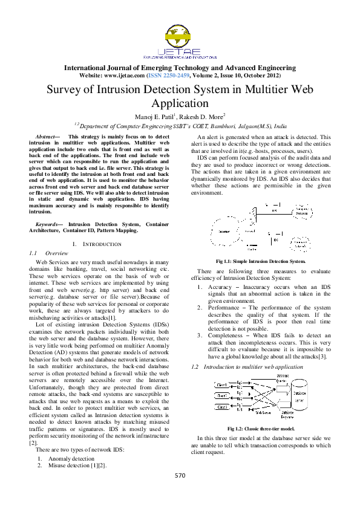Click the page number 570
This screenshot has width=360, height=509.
(180, 475)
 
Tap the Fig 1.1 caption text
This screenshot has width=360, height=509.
(260, 261)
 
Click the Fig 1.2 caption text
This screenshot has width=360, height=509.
(260, 429)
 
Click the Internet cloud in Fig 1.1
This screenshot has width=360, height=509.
(224, 232)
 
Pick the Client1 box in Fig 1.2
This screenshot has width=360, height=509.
(222, 385)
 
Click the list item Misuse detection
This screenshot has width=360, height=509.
(76, 466)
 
